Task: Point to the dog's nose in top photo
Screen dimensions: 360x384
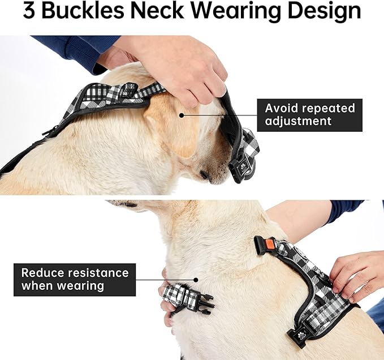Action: coord(205,176)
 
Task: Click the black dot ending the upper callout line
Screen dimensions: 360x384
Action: coord(182,114)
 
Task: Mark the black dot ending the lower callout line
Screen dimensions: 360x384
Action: coord(196,279)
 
